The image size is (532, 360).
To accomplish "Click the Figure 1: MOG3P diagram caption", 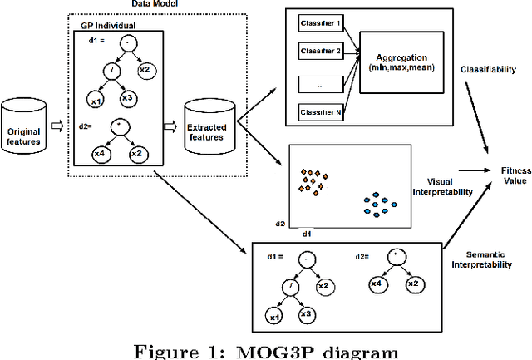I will tap(265, 349).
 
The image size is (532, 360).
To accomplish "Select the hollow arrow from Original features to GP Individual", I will tap(56, 126).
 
